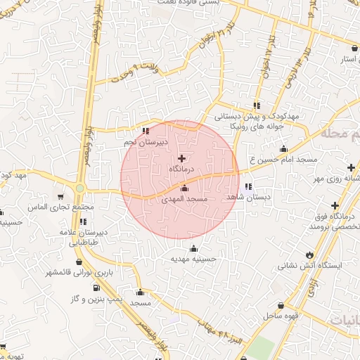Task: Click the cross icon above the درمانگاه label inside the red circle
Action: [182, 158]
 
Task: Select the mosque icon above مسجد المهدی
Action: [184, 188]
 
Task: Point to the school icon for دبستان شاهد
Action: [247, 187]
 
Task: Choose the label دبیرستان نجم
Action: [144, 141]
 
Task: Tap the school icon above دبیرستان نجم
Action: [146, 130]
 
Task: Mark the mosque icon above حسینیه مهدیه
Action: [194, 247]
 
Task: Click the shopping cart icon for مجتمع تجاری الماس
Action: [60, 196]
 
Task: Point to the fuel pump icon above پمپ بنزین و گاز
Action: [96, 288]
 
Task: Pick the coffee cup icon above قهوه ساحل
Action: [281, 306]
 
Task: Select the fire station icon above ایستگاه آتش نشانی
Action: [310, 254]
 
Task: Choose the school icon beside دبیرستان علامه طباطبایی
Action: [84, 221]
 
